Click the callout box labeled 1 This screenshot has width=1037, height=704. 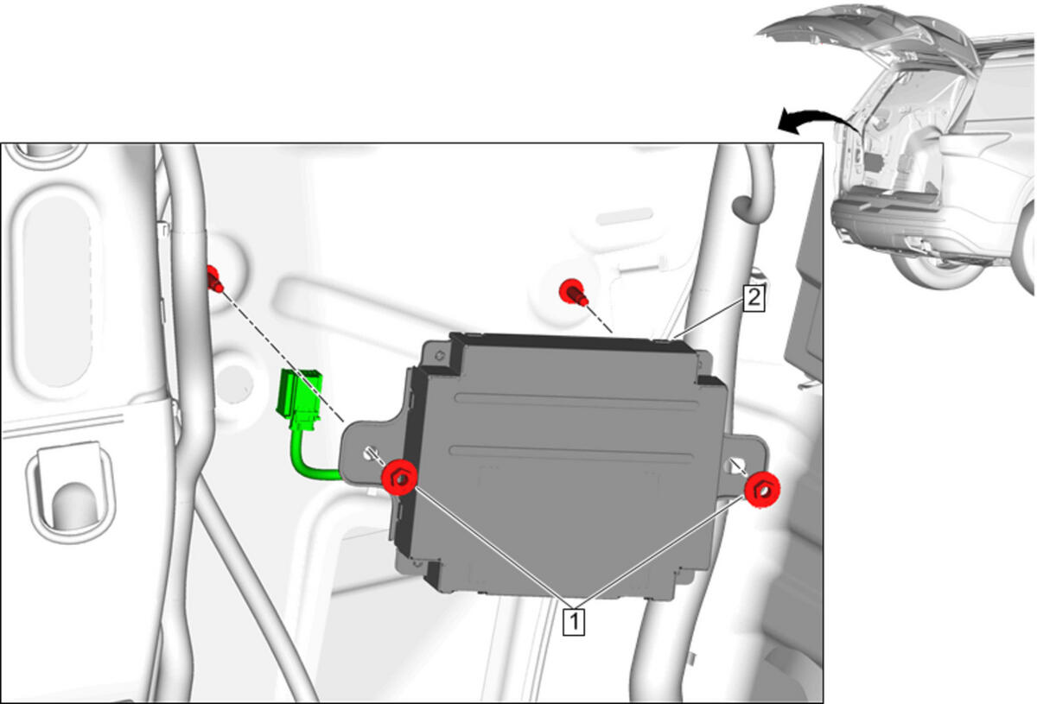coord(574,622)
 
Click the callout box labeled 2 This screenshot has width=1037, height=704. coord(754,298)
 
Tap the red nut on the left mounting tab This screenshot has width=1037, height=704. coord(399,478)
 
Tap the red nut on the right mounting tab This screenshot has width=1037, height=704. coord(762,491)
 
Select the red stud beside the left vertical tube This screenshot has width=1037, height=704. coord(214,279)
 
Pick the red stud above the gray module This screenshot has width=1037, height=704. coord(574,292)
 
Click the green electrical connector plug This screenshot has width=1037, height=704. coord(299,398)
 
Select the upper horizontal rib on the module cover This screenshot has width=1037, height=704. coord(576,402)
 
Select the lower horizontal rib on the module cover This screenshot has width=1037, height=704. coord(571,453)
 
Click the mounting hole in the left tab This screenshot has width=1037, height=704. coord(370,453)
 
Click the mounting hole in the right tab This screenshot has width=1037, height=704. coord(735,466)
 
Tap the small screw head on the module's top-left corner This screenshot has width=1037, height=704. coord(440,356)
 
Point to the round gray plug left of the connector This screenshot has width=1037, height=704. coord(235,384)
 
